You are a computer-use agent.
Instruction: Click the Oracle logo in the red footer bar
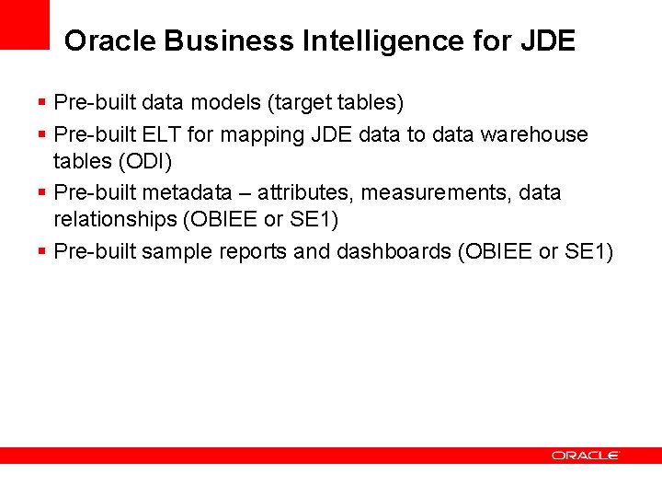585,455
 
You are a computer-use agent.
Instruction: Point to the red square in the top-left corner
24,24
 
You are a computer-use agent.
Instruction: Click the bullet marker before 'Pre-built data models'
42,101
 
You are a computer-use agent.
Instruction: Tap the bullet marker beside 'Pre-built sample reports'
42,251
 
